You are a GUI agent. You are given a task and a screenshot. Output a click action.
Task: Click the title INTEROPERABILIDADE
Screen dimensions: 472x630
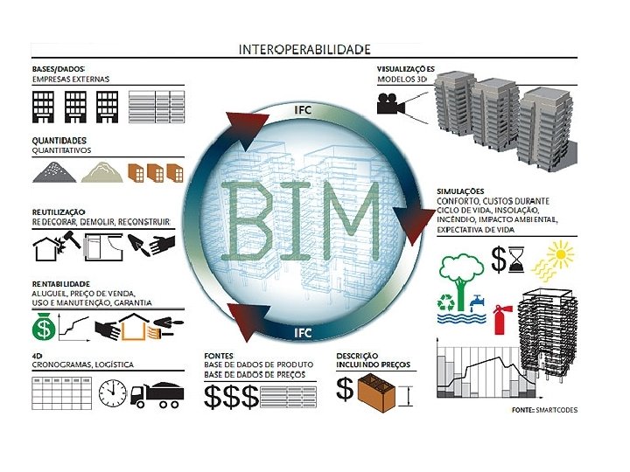304,49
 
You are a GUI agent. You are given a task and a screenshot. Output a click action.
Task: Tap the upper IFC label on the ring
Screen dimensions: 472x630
302,109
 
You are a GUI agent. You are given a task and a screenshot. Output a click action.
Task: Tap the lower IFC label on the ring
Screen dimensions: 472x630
302,332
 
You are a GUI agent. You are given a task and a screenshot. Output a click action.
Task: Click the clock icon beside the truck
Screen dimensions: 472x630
113,393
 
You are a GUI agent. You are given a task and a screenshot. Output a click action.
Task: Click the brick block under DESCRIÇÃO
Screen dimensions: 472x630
381,390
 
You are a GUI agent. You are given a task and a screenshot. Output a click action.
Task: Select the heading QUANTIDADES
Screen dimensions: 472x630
59,140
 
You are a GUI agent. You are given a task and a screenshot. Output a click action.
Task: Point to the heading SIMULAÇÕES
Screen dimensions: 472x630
460,191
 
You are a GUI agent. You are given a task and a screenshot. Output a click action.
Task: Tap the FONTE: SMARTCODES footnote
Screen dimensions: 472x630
543,410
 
